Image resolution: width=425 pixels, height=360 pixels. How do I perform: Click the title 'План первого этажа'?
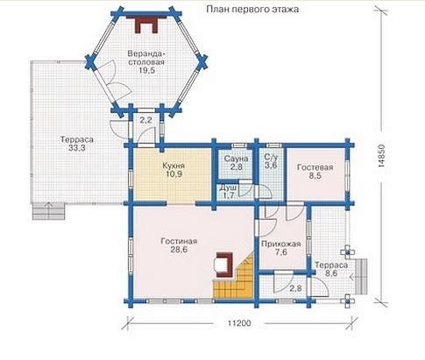tap(252, 10)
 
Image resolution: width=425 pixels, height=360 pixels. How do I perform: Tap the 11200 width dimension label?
tap(239, 323)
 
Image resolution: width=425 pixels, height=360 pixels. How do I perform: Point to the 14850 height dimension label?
tap(381, 156)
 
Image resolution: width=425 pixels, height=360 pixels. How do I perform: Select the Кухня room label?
tap(174, 166)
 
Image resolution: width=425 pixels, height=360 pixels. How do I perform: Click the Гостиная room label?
tap(179, 242)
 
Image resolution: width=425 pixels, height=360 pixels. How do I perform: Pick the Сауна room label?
tap(236, 159)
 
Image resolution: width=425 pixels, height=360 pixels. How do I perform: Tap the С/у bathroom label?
tap(271, 158)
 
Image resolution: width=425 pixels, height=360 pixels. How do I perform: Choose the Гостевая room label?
tap(315, 167)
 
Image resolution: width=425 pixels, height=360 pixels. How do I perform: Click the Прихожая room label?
tap(281, 244)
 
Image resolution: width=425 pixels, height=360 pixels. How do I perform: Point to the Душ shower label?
tap(228, 187)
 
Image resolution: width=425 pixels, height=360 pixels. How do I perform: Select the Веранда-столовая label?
tap(146, 58)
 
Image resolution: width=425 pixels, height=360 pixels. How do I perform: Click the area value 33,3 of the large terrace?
tap(77, 148)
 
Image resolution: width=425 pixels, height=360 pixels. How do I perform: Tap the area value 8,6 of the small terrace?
tap(331, 273)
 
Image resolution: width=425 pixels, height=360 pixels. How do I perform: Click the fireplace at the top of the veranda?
tap(146, 25)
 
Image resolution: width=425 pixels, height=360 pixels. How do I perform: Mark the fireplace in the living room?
tap(223, 265)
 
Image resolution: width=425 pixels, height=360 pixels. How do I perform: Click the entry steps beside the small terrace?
tap(361, 277)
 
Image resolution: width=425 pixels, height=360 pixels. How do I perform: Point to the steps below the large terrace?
tap(48, 211)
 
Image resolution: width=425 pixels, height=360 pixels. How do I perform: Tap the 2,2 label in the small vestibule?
tap(146, 120)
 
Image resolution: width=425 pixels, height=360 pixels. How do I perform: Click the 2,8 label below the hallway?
tap(295, 288)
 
